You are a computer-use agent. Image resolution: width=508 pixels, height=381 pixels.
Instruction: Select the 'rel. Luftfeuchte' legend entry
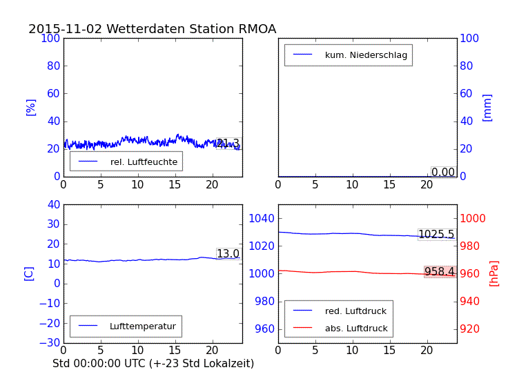coord(144,162)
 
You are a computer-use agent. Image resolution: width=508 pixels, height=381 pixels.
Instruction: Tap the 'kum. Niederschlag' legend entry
coord(366,55)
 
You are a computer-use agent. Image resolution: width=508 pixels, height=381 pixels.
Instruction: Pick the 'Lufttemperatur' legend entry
coord(142,326)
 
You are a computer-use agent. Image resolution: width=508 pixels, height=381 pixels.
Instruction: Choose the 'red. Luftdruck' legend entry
coord(355,311)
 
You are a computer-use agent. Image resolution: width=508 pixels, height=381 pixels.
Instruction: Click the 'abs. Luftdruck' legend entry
coord(356,329)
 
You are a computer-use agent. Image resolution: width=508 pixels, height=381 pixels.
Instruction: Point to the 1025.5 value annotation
coord(436,235)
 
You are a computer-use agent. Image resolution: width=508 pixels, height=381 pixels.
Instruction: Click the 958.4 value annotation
coord(440,272)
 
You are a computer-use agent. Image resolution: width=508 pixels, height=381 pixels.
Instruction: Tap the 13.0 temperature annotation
coord(228,254)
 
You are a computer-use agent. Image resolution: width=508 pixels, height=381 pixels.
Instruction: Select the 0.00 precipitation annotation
coord(443,173)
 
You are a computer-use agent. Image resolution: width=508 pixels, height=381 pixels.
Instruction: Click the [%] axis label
coord(30,107)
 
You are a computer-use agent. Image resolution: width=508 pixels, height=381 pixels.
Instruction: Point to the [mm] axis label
coord(487,107)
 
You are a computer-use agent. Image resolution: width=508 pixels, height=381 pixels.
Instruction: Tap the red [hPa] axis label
coord(494,273)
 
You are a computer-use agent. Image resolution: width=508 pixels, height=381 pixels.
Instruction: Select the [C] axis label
coord(29,273)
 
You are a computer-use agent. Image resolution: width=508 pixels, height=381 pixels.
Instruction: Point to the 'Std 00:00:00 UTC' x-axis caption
coord(153,363)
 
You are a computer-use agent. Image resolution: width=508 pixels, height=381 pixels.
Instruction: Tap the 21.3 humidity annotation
coord(228,144)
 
